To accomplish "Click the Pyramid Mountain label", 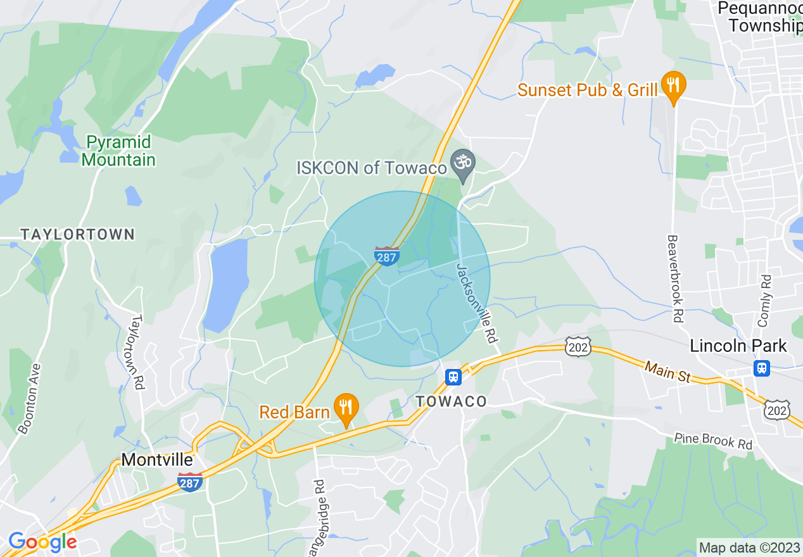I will [118, 151].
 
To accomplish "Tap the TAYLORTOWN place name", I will [78, 235].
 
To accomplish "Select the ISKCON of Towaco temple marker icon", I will [463, 164].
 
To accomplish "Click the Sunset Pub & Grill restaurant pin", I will [673, 85].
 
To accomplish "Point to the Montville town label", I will [157, 460].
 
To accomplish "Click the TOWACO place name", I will [452, 402].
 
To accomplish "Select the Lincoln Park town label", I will [738, 346].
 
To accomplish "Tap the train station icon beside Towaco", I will [453, 377].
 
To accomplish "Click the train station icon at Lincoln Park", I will [762, 368].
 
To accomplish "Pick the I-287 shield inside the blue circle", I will [387, 256].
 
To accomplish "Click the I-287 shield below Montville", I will [189, 482].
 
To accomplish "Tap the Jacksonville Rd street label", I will [476, 303].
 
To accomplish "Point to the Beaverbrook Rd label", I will [676, 279].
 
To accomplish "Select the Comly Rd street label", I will [766, 301].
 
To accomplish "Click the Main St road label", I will [667, 372].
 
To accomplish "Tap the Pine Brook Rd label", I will [713, 441].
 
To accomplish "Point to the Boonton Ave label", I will [30, 399].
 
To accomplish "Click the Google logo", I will [42, 542].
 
